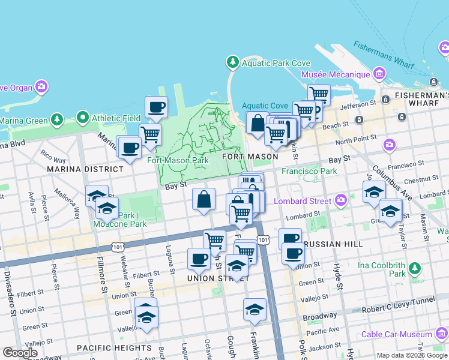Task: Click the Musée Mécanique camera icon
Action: click(379, 74)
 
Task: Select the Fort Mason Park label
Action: click(178, 160)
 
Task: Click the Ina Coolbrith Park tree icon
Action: click(414, 268)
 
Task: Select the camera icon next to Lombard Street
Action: click(341, 200)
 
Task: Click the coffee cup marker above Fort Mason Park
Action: click(157, 108)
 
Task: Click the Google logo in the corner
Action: click(20, 353)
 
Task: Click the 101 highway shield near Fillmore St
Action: click(118, 246)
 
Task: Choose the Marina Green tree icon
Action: click(56, 120)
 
